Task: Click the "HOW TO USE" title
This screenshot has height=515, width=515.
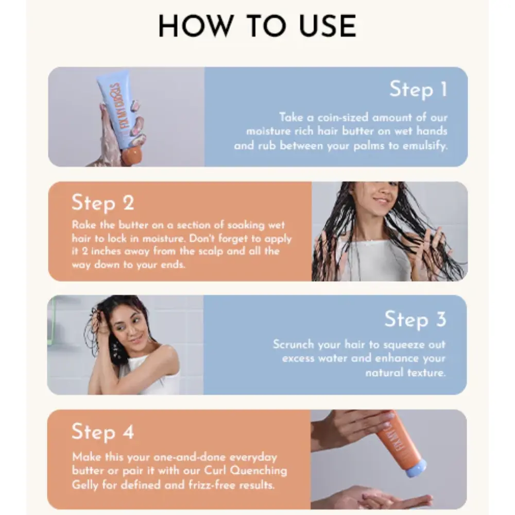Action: (257, 26)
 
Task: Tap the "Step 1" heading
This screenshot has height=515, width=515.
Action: (418, 89)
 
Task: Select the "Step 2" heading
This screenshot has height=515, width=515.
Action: (103, 202)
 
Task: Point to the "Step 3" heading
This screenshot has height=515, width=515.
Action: (416, 319)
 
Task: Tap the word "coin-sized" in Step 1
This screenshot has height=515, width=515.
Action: (343, 117)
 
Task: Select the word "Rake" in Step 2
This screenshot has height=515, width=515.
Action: (84, 225)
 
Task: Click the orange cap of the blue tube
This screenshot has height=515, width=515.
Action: (132, 156)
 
